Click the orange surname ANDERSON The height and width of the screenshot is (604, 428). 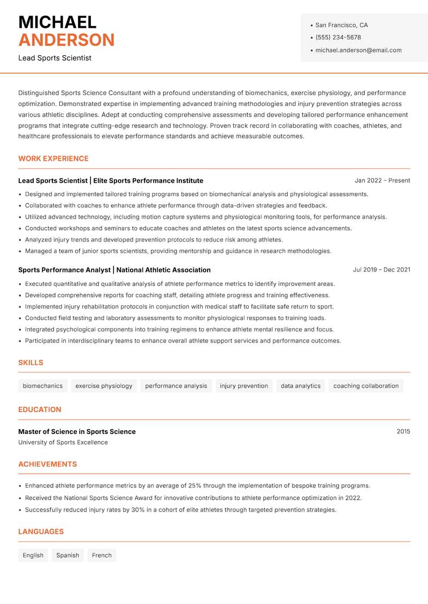(x=66, y=40)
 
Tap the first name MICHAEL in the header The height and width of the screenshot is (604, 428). (x=57, y=22)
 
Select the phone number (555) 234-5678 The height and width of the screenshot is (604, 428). (x=338, y=37)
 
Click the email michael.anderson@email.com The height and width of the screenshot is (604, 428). (x=358, y=50)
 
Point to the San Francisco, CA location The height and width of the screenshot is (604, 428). (x=341, y=25)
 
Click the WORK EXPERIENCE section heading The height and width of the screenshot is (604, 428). (x=53, y=159)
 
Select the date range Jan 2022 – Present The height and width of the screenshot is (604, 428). (x=382, y=181)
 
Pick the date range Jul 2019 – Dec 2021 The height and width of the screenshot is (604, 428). (x=381, y=270)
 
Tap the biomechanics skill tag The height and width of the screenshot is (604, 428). (x=43, y=386)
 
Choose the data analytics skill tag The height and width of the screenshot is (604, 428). (x=301, y=386)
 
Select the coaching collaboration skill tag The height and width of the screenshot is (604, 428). (x=366, y=386)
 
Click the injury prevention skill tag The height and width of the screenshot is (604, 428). (x=244, y=386)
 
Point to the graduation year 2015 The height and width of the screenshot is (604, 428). (x=403, y=431)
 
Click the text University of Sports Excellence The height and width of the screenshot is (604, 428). (x=63, y=443)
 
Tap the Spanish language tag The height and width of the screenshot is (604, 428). (x=67, y=555)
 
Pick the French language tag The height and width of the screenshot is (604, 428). (x=102, y=555)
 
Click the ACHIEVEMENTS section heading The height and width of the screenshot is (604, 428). (x=48, y=464)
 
